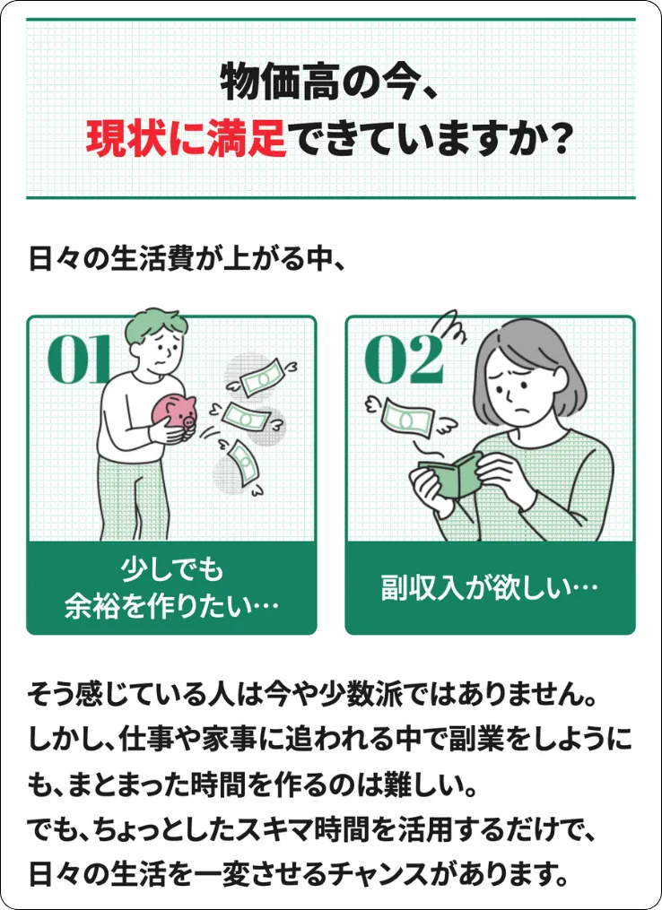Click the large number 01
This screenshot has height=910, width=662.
(x=79, y=360)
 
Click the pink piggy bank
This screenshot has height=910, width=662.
(x=176, y=412)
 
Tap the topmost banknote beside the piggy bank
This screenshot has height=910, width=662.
(x=262, y=377)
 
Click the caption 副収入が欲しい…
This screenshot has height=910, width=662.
(x=490, y=588)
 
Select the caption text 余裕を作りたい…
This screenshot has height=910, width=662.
(x=171, y=607)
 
